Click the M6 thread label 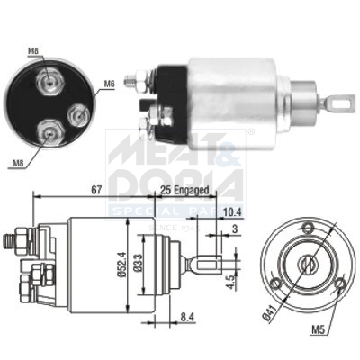coord(108,84)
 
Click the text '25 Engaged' coord(184,190)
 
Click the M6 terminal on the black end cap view coord(78,113)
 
